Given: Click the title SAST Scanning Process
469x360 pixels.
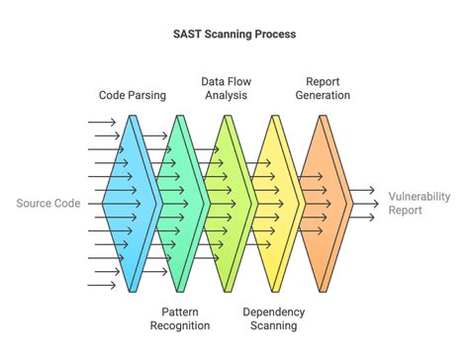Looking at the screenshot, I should [234, 34].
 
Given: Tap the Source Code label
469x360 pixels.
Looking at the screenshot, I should [47, 204].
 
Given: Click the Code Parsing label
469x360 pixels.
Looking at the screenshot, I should [132, 96].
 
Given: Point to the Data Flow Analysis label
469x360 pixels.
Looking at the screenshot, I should [224, 88].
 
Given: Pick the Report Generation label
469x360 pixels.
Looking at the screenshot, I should [322, 88].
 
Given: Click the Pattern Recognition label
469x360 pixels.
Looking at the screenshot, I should [179, 317].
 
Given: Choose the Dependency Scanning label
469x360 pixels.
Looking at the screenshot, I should [274, 317].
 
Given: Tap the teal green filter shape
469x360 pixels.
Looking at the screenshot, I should [179, 203].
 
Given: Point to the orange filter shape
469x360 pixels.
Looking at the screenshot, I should [324, 203].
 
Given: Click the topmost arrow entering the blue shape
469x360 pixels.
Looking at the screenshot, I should [102, 123].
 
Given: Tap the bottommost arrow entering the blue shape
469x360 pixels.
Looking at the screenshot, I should [102, 285].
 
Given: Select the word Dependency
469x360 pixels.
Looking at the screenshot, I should [274, 311].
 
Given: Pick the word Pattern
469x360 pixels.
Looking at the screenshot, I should [179, 311].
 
